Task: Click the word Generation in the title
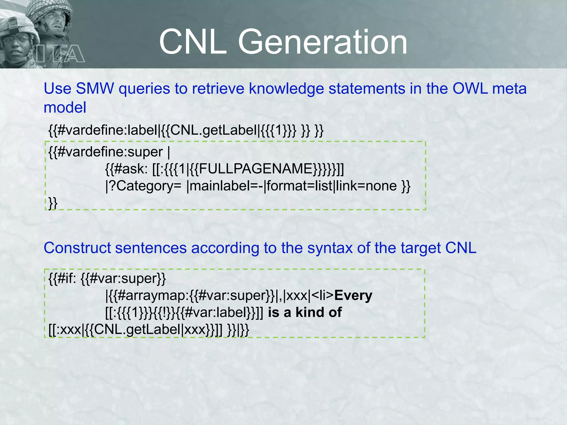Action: tap(323, 42)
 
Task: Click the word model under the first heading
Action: tap(65, 107)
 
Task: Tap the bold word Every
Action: tap(353, 295)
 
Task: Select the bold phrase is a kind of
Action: tap(305, 312)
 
